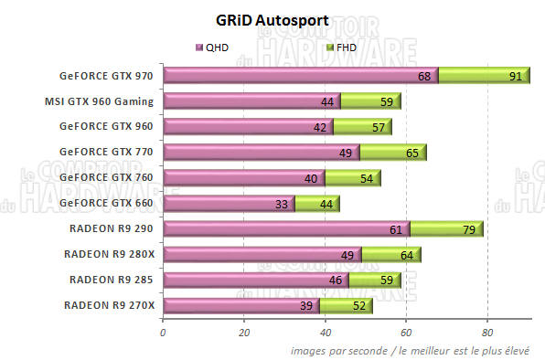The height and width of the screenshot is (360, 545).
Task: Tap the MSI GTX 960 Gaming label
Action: (x=99, y=101)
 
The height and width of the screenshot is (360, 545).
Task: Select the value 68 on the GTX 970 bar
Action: (x=424, y=77)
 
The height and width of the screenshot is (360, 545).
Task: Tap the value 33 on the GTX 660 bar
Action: (x=283, y=204)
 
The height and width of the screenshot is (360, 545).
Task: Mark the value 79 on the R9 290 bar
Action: (x=469, y=229)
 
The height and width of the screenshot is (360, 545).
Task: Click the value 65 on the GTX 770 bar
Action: (x=413, y=153)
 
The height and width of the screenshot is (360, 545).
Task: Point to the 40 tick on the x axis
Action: (x=325, y=333)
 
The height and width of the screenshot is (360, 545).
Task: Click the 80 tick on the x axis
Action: (x=487, y=333)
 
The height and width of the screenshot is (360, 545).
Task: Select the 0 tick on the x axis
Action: (x=163, y=333)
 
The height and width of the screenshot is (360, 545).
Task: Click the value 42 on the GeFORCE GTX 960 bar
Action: (x=320, y=127)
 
